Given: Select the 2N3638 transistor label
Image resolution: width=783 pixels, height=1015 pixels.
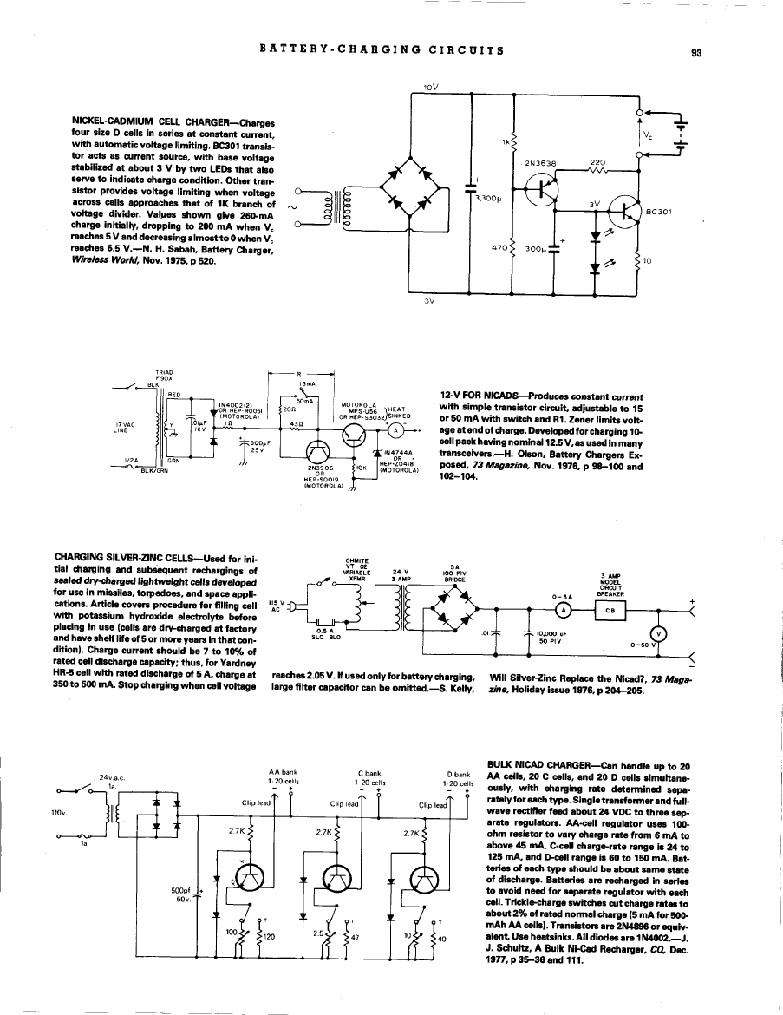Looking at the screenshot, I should click(x=539, y=161).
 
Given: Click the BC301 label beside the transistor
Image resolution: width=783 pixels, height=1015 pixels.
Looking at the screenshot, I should click(x=660, y=211).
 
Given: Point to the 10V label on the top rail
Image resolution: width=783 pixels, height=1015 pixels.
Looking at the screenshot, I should click(x=430, y=88).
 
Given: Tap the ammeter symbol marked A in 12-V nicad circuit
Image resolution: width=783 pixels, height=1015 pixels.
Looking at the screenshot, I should click(x=397, y=430).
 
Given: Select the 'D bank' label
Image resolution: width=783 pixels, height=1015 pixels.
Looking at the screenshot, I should click(x=457, y=772).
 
